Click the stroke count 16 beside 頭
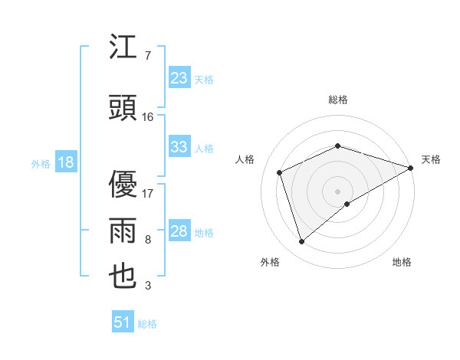tap(148, 116)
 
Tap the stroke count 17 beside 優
tap(148, 193)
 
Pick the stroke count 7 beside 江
tap(147, 55)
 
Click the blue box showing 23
tap(179, 78)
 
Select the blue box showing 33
tap(179, 147)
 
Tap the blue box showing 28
tap(179, 231)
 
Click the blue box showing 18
tap(65, 162)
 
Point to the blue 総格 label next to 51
tap(147, 323)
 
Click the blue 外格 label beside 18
tap(41, 163)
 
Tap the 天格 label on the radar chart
tap(431, 159)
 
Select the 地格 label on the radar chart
tap(402, 262)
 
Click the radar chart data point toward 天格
tap(411, 168)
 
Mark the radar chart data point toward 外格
tap(301, 242)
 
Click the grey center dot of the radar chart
tap(337, 190)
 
